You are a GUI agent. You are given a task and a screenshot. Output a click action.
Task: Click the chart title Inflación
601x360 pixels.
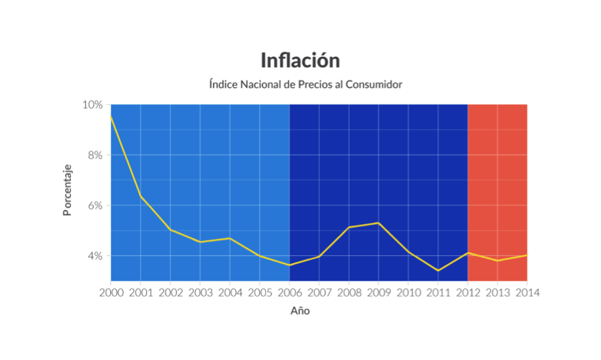point(300,60)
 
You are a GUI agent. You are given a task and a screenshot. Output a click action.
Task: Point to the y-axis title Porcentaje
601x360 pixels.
point(67,191)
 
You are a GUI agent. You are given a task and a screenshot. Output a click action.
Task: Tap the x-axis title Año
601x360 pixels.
point(300,310)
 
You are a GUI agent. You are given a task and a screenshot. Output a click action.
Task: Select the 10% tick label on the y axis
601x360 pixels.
point(92,104)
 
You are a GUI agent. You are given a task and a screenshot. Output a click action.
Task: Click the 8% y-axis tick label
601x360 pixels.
point(95,155)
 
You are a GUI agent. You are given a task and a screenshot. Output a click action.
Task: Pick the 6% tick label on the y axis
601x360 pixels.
point(95,206)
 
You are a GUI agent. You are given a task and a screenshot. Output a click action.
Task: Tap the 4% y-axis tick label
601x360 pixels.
point(95,256)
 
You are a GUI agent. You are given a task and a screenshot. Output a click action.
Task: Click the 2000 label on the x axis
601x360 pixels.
point(111,292)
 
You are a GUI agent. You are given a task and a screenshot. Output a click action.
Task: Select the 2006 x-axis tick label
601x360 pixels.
point(289,292)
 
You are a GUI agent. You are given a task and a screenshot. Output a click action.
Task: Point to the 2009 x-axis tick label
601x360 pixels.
point(378,292)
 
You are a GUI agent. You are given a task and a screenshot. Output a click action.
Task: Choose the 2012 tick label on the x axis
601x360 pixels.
point(467,292)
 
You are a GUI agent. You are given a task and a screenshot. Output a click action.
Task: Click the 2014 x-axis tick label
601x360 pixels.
point(526,292)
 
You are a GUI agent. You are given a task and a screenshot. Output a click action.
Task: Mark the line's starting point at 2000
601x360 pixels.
point(112,116)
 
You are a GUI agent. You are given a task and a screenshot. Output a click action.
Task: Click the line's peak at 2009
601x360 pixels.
point(378,223)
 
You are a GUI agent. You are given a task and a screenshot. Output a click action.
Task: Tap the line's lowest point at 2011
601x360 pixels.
point(438,271)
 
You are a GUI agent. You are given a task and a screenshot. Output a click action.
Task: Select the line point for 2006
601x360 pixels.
point(289,265)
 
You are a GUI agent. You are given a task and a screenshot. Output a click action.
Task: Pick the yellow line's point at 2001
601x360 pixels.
point(140,197)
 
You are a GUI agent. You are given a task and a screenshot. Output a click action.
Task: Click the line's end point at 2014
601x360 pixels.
point(526,255)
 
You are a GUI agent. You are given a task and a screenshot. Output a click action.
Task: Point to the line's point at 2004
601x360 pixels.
point(230,238)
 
